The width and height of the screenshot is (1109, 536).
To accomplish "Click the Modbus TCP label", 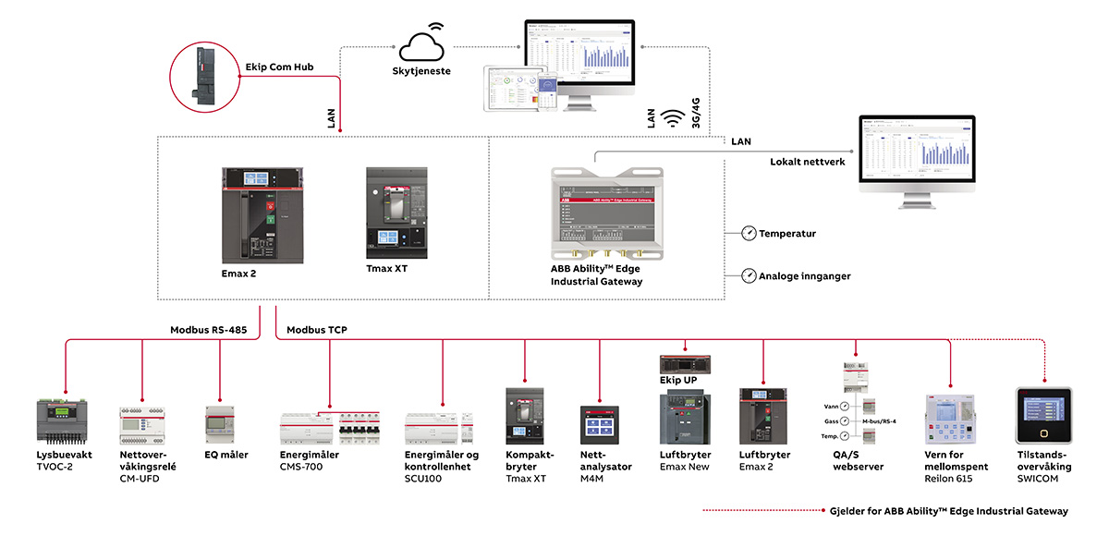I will click(x=317, y=329).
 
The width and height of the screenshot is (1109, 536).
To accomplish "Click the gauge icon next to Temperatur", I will click(x=749, y=234).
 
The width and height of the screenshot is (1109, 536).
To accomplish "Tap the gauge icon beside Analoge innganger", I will click(x=749, y=275).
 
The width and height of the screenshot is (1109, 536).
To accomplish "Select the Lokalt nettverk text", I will click(x=807, y=162).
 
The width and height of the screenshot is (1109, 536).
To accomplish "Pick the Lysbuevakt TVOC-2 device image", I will click(x=66, y=421).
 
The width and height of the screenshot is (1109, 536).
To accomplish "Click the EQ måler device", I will click(x=220, y=426).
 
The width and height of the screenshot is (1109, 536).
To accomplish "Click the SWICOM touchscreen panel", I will click(x=1043, y=416).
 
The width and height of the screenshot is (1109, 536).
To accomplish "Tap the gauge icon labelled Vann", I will click(x=844, y=406).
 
